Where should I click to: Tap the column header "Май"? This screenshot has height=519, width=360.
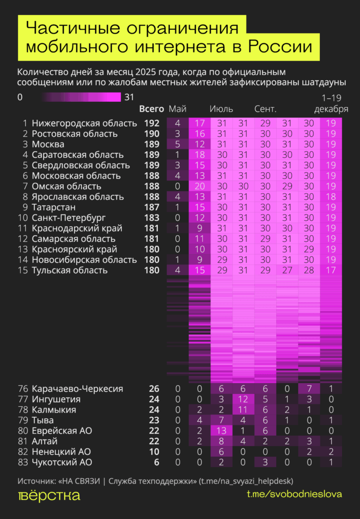coord(177,109)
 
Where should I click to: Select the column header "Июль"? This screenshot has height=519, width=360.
coord(222,109)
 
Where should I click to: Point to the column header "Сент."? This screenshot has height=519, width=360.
coord(266,109)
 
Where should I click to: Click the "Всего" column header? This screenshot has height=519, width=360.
coord(152,109)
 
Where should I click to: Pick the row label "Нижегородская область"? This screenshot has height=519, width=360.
coord(84,123)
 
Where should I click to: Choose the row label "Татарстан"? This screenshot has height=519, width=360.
coord(53,207)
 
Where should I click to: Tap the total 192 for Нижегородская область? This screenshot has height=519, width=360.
coord(152,123)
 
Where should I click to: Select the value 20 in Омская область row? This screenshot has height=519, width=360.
coord(200,186)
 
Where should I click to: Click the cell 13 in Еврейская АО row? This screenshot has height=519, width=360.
coord(222,431)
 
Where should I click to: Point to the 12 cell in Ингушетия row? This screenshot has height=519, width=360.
coord(244,399)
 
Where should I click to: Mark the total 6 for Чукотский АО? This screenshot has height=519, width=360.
coord(156,462)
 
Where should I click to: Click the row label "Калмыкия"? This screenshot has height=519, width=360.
coord(54,410)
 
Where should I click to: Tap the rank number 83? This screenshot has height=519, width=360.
coord(22,462)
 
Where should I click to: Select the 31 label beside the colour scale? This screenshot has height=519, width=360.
coord(129,97)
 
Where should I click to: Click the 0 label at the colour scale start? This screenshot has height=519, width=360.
coord(20,97)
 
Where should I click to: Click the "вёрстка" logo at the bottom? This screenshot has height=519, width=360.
coord(49,496)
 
